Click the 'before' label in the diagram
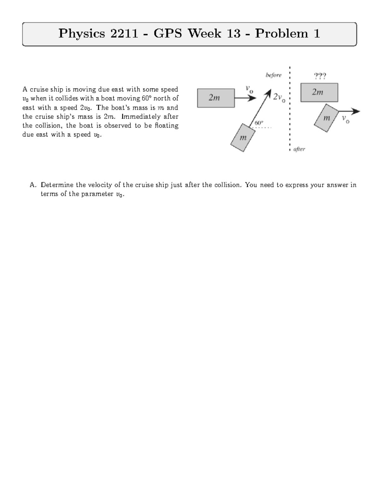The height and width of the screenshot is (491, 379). [x=273, y=75]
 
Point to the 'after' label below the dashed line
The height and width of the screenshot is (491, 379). [x=299, y=149]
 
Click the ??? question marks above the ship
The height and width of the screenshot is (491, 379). [x=320, y=76]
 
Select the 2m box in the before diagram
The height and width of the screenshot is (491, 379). [x=216, y=98]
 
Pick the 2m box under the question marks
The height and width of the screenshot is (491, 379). [x=319, y=92]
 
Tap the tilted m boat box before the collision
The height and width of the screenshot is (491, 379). [x=243, y=138]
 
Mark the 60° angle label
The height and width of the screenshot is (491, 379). [x=259, y=122]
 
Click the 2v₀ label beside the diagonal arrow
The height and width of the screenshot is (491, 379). [x=279, y=97]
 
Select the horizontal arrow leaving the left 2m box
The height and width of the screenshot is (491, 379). [x=245, y=98]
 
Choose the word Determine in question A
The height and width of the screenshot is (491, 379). [x=57, y=185]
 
